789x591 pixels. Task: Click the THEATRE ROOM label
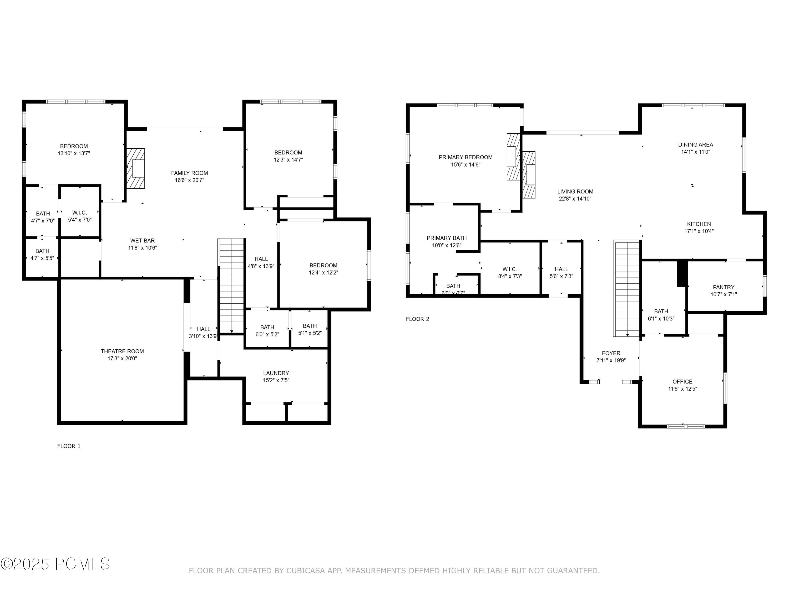[x=122, y=351]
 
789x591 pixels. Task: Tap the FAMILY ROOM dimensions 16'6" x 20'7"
[x=189, y=180]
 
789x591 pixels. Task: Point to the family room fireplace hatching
[x=135, y=168]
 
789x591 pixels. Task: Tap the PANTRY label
[x=723, y=287]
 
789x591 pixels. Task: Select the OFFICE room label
[x=682, y=382]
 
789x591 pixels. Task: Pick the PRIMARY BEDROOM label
[x=466, y=157]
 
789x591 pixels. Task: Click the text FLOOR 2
[x=417, y=319]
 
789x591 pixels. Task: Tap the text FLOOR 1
[x=69, y=446]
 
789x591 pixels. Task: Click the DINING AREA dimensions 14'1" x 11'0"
[x=696, y=152]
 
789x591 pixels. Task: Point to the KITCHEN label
[x=699, y=224]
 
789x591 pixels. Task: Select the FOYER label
[x=611, y=353]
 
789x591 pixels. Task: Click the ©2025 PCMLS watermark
[x=55, y=564]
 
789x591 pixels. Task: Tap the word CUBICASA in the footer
[x=305, y=571]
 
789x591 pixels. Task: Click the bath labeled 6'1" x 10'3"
[x=661, y=315]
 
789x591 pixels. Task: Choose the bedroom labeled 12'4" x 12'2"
[x=323, y=269]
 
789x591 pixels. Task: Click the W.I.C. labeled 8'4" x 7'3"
[x=510, y=273]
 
